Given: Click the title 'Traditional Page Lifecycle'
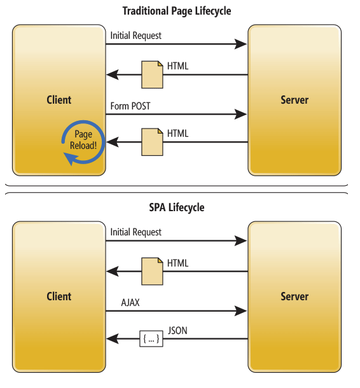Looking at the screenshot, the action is pos(177,11).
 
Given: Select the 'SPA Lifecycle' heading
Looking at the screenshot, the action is pos(177,207).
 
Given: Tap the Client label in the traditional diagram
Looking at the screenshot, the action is pos(59,100).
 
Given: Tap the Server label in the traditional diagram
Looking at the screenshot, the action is pos(294,100).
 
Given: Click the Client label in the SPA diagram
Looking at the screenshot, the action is pos(59,296).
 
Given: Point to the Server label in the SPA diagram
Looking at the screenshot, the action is pos(294,296).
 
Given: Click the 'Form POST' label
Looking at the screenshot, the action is pos(130,106).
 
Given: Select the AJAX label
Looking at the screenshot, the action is pos(130,303).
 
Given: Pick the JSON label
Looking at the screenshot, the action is pos(177,331).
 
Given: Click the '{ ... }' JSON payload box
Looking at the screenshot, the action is pos(151,339).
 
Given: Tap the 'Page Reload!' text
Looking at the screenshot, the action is pos(83,140).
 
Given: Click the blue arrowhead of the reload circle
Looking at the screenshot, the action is pos(71,158).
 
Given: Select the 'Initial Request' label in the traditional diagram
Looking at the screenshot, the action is pos(136,36).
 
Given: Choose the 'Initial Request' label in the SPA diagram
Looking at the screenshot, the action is pos(136,232).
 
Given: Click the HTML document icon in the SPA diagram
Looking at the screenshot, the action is pos(152,272).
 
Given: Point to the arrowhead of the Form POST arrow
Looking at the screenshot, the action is pos(240,114).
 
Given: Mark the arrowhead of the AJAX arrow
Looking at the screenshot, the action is pos(240,311).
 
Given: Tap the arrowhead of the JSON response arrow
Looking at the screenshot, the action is pos(113,339).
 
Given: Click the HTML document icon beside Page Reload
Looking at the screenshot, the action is pos(152,142).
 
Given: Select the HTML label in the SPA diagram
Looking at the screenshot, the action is pos(177,263).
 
